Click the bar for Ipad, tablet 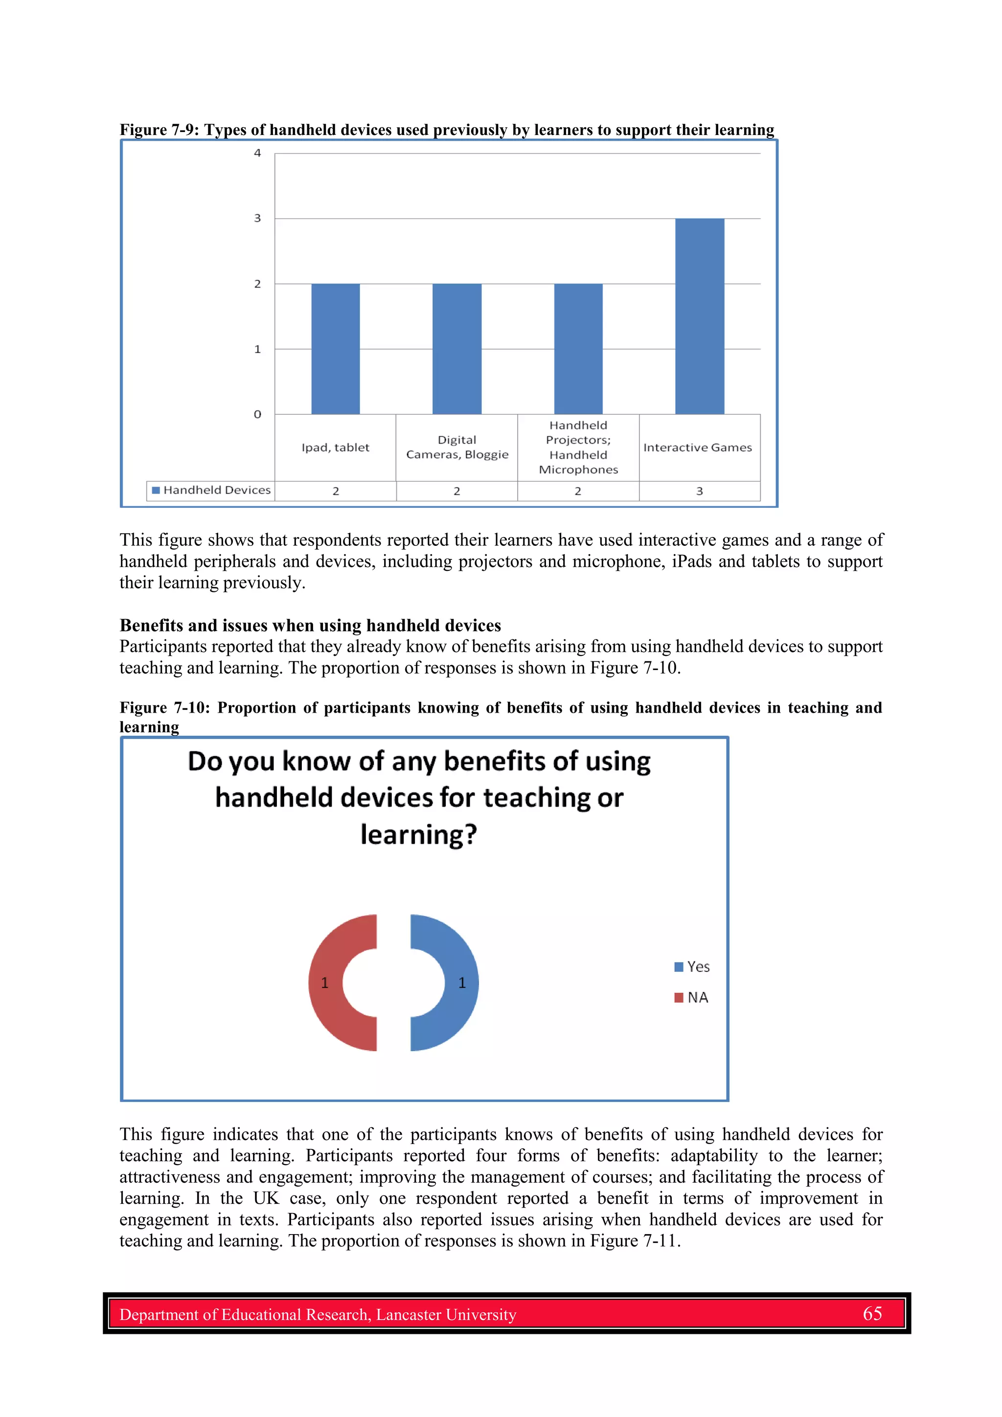(335, 349)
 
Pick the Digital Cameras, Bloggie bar (456, 349)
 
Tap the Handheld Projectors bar (578, 349)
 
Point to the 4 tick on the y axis (257, 153)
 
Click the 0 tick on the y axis (257, 414)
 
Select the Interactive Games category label (698, 448)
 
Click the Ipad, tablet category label (335, 448)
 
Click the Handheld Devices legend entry (211, 490)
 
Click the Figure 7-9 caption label (158, 130)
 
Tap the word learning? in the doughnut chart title (419, 834)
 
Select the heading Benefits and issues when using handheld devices (310, 625)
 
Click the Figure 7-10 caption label (163, 707)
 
